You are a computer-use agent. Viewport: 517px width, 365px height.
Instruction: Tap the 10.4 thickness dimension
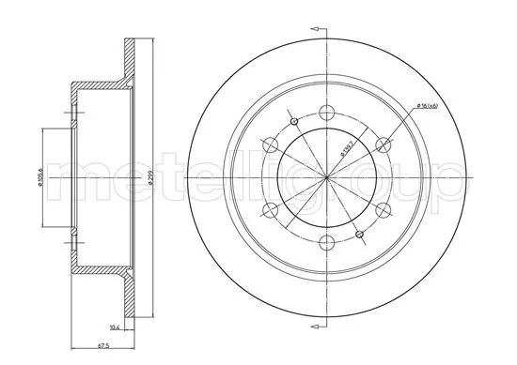[x=115, y=327]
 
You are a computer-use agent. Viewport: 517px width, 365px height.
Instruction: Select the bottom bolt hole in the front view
[x=327, y=242]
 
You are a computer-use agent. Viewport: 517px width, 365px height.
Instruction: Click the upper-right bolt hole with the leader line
[x=383, y=144]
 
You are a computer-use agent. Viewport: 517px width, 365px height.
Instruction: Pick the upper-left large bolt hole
[x=271, y=144]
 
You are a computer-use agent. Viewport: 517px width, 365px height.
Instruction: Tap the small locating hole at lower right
[x=359, y=233]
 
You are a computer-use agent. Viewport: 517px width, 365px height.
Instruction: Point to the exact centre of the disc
[x=327, y=177]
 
